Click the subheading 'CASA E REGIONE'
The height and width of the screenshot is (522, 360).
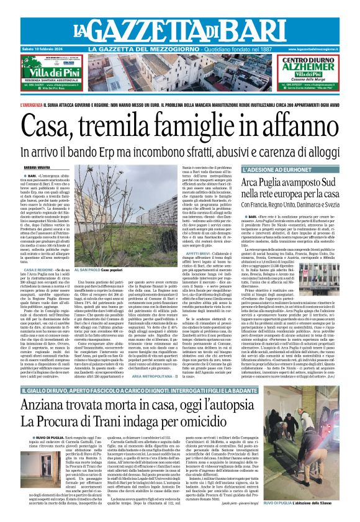(37, 270)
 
